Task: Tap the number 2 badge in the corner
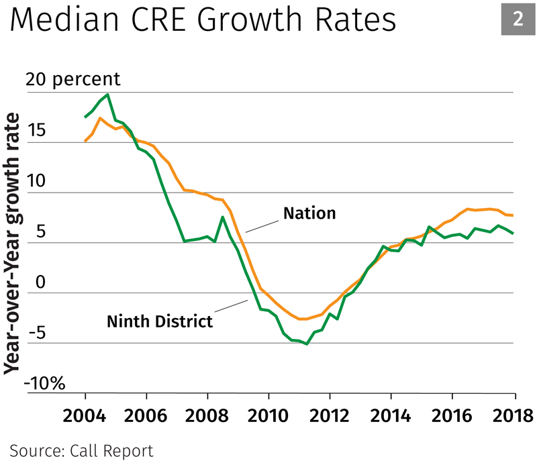[x=518, y=19]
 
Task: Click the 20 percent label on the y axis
[x=73, y=79]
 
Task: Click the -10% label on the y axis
[x=46, y=384]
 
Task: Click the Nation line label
[x=309, y=213]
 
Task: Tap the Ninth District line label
[x=160, y=321]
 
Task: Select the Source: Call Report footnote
[x=81, y=451]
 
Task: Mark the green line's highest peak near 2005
[x=108, y=95]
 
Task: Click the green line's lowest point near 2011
[x=307, y=344]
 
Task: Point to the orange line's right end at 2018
[x=514, y=215]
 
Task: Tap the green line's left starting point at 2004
[x=85, y=117]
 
